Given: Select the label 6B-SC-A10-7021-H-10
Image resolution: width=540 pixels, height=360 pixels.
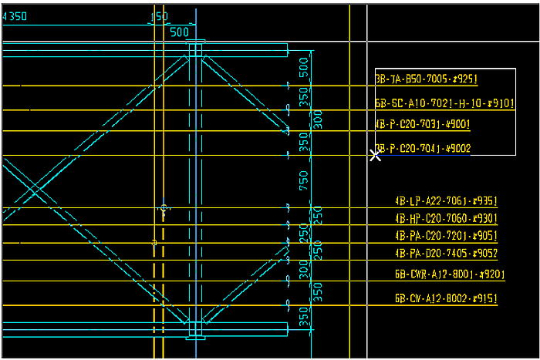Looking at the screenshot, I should [x=444, y=103].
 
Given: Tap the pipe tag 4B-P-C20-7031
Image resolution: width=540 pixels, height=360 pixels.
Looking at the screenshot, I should [x=423, y=125].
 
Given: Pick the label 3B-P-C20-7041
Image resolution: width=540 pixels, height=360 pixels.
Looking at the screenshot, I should [x=423, y=149].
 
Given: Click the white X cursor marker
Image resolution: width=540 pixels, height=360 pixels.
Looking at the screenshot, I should [x=376, y=155].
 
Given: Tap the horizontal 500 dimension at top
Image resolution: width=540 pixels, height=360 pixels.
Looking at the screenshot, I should [x=179, y=32].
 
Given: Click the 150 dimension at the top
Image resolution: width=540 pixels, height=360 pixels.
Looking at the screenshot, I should [x=160, y=16].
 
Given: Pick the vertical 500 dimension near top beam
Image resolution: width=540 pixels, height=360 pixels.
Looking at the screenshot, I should [x=304, y=66].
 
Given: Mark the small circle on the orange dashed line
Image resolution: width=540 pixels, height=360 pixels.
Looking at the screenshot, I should [x=164, y=209].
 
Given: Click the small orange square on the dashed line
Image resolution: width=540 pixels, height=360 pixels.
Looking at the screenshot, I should [x=154, y=243].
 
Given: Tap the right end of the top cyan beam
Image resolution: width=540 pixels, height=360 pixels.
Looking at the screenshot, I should [x=287, y=50].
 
